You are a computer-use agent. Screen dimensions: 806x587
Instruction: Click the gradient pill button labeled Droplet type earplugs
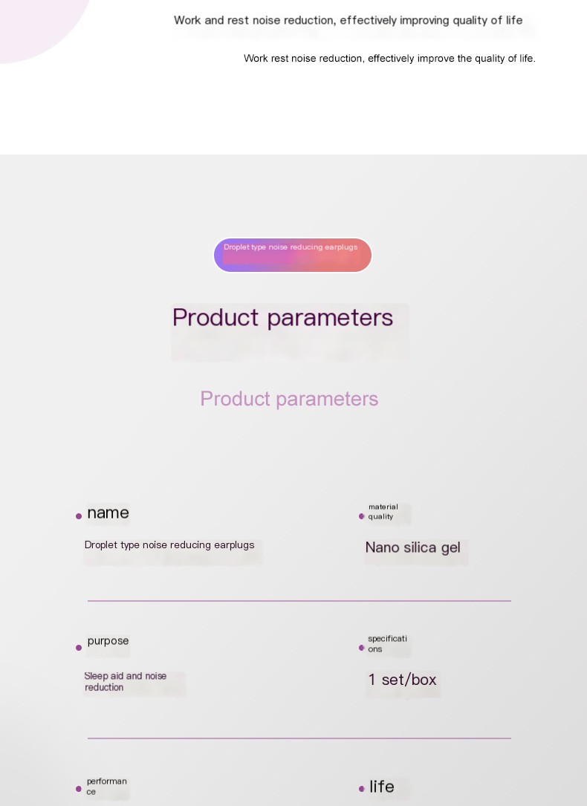(x=292, y=255)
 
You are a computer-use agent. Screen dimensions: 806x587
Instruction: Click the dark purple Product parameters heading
(x=282, y=317)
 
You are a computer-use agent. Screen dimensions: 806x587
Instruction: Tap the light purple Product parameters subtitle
(x=289, y=399)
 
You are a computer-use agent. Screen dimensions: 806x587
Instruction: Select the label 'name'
(x=108, y=513)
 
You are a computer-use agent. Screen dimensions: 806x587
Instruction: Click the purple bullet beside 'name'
(x=79, y=516)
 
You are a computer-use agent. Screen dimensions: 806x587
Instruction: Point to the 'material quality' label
(x=383, y=512)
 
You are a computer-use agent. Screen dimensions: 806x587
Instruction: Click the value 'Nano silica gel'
(x=412, y=547)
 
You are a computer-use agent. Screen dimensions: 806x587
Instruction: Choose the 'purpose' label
(x=108, y=641)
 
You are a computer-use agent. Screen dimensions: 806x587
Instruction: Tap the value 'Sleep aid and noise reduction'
(x=125, y=681)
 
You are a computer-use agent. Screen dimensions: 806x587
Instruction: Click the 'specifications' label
(x=387, y=643)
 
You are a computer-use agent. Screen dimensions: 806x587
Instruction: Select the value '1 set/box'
(x=402, y=680)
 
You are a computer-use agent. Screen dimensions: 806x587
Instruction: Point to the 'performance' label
(x=106, y=786)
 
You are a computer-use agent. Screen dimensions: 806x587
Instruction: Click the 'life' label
(x=382, y=787)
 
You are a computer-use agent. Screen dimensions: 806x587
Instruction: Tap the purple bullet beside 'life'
(x=362, y=789)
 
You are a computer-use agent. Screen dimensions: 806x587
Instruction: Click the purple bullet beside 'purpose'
(x=79, y=648)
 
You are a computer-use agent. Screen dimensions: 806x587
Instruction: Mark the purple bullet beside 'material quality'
(x=362, y=516)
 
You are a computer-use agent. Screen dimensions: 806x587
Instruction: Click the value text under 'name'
(x=169, y=545)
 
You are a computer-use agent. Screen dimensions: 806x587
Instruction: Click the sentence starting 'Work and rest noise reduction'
(x=348, y=20)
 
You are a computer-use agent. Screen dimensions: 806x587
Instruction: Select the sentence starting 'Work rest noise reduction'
(x=389, y=58)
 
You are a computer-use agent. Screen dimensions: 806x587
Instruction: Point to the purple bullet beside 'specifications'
(x=362, y=648)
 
